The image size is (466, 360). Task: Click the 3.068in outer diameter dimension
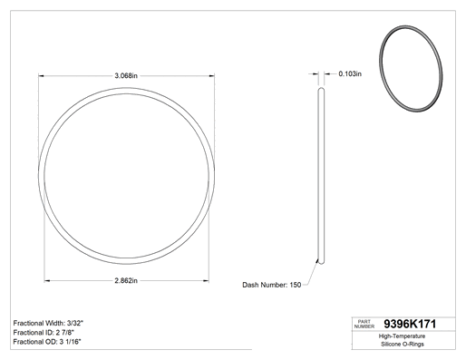tap(126, 75)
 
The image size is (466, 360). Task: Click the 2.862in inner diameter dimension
tap(126, 281)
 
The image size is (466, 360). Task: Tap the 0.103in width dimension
tap(350, 73)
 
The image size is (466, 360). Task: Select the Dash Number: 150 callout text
tap(272, 285)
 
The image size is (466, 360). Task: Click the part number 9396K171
tap(410, 324)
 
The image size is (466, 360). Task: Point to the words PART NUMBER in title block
tap(364, 324)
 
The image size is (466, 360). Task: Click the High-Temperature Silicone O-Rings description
tap(403, 340)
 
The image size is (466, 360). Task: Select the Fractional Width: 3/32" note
tap(48, 323)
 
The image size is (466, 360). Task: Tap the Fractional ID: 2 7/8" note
tap(44, 333)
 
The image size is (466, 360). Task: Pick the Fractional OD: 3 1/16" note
tap(47, 342)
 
